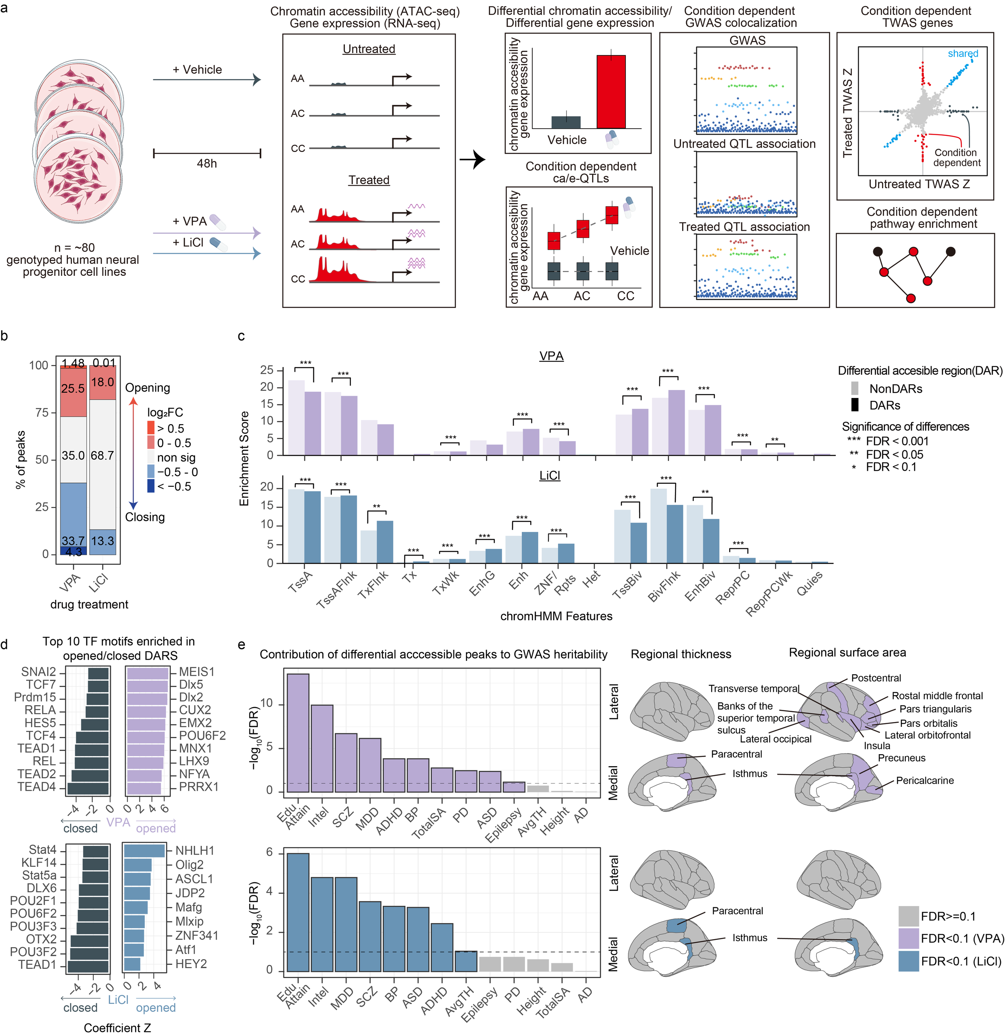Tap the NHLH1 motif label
195,851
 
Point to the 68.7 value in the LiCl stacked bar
103,455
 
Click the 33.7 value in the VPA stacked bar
72,541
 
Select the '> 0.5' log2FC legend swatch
151,428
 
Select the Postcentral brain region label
876,678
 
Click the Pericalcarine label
925,781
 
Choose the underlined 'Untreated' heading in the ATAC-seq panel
369,49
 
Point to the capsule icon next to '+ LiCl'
218,244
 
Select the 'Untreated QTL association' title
744,144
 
